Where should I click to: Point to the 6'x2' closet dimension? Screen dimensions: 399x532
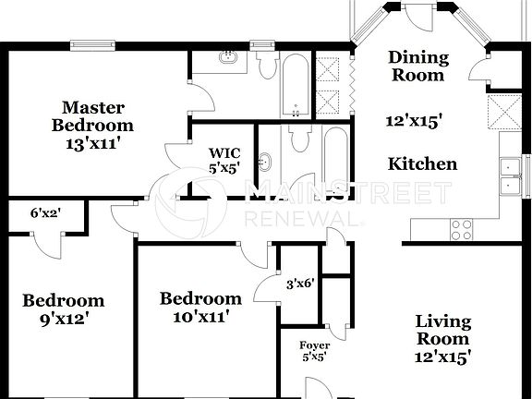pyautogui.click(x=46, y=213)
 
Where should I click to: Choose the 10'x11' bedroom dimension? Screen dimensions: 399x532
pyautogui.click(x=200, y=316)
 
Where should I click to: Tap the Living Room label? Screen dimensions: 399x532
pyautogui.click(x=442, y=331)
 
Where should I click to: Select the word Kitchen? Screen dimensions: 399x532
pyautogui.click(x=421, y=164)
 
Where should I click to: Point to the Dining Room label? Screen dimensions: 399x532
pyautogui.click(x=417, y=66)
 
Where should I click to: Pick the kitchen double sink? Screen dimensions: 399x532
pyautogui.click(x=508, y=177)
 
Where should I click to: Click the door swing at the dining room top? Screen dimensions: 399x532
pyautogui.click(x=417, y=18)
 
